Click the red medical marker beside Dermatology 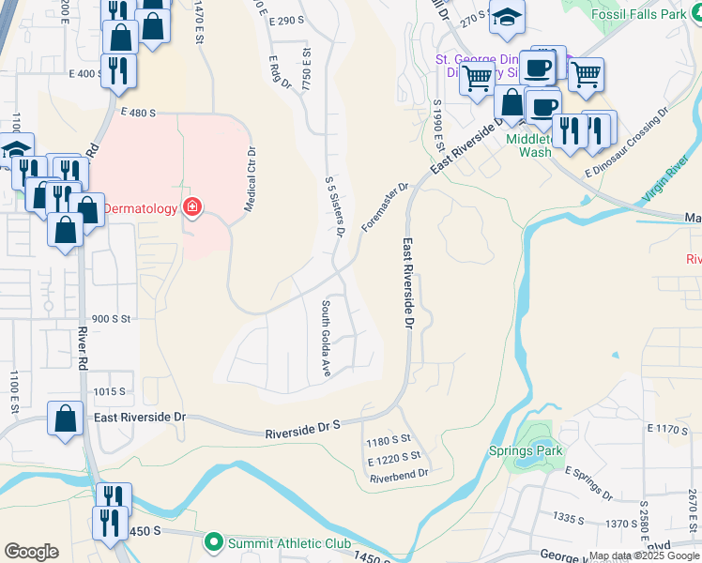tap(192, 207)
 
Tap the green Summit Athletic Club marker tap(213, 543)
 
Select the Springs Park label tap(525, 450)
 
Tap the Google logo tap(31, 552)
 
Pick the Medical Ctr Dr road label tap(251, 178)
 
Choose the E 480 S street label tap(137, 112)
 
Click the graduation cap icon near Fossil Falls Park tap(507, 18)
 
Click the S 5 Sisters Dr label tap(335, 206)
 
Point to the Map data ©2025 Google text tap(644, 555)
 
